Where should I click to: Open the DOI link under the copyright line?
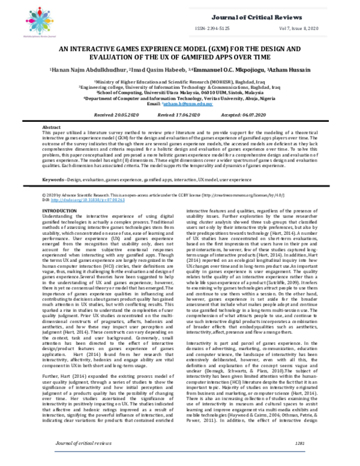(x=78, y=200)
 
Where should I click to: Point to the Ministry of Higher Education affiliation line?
(x=180, y=80)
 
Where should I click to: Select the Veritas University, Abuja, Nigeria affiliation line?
(x=180, y=97)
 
